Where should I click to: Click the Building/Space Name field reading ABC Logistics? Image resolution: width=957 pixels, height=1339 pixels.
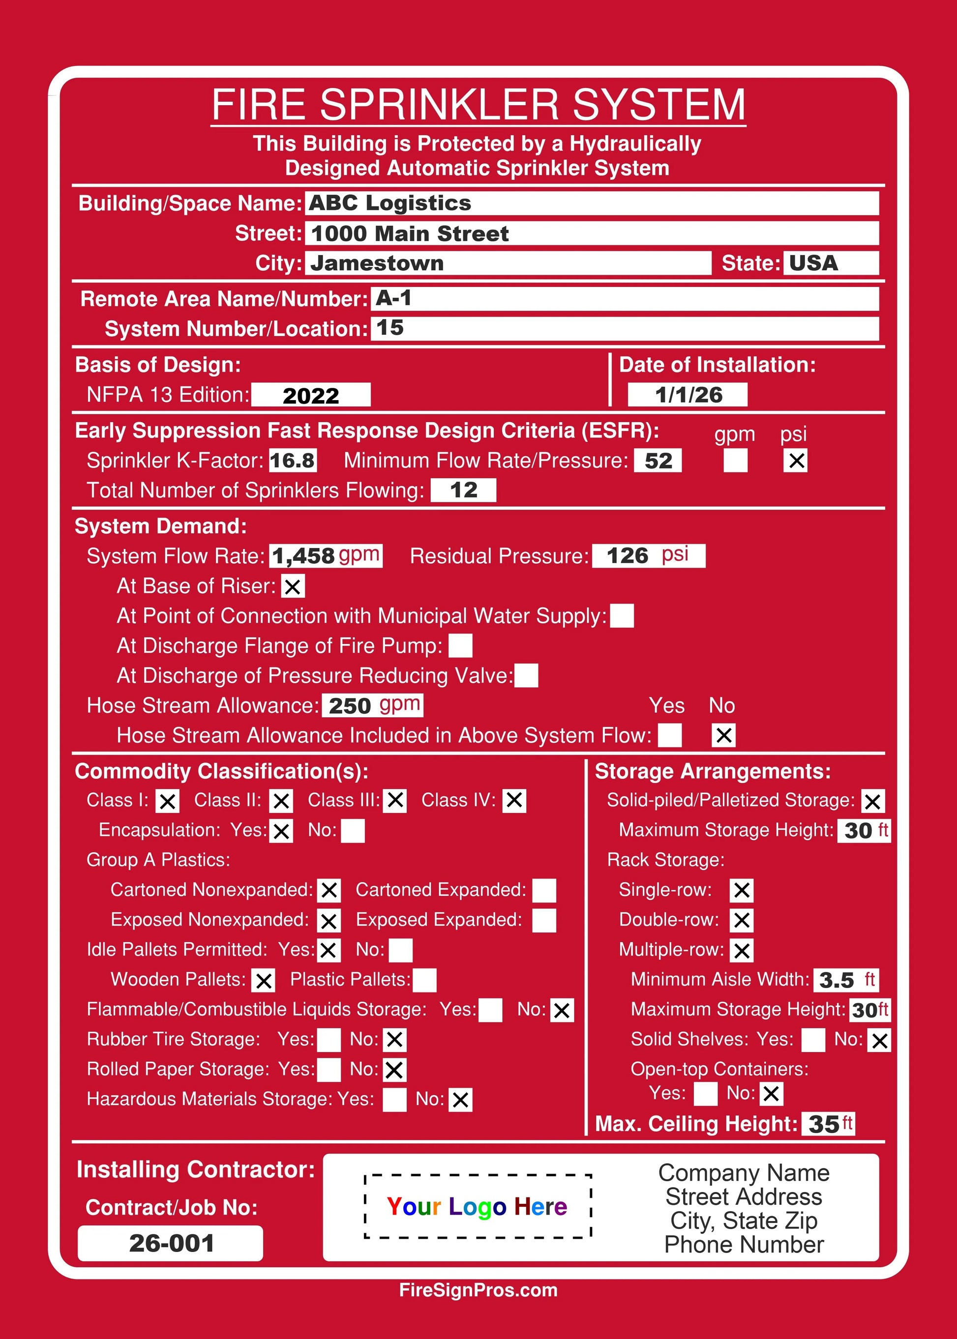tap(591, 203)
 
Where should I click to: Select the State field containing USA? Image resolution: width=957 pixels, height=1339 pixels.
tap(830, 262)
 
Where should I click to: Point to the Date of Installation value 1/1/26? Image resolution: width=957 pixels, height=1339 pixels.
tap(688, 395)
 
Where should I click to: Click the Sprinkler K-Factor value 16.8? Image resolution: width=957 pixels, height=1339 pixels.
tap(292, 460)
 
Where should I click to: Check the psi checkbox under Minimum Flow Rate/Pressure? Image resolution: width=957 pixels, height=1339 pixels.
tap(795, 460)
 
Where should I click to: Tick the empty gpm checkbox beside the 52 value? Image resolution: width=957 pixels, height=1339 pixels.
tap(735, 460)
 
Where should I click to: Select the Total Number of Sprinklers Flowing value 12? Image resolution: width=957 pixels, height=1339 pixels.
tap(463, 490)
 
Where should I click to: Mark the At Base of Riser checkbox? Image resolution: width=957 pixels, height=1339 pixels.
tap(292, 586)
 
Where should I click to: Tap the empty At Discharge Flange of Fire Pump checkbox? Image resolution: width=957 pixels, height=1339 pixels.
tap(460, 645)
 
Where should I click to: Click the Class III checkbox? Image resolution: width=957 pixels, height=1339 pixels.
tap(395, 800)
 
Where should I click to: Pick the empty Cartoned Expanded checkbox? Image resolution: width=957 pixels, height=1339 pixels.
tap(544, 890)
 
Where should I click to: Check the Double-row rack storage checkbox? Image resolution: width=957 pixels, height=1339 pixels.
tap(741, 920)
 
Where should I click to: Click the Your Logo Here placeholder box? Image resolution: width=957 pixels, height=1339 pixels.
tap(478, 1206)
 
